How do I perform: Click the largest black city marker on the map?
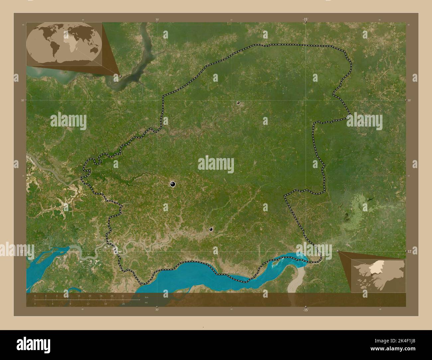(172, 184)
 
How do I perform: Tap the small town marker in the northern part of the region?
(238, 103)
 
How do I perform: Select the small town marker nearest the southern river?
(211, 229)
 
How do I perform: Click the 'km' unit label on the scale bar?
(146, 296)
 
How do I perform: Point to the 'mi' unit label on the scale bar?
(146, 303)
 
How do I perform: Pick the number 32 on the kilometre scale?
(123, 296)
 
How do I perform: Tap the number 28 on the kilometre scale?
(112, 296)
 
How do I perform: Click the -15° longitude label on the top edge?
(305, 20)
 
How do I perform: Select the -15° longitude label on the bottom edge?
(305, 310)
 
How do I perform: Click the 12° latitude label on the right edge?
(410, 252)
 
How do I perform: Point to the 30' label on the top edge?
(157, 20)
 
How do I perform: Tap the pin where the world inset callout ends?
(120, 76)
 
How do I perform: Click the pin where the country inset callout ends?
(338, 251)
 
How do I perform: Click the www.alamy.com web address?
(393, 348)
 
